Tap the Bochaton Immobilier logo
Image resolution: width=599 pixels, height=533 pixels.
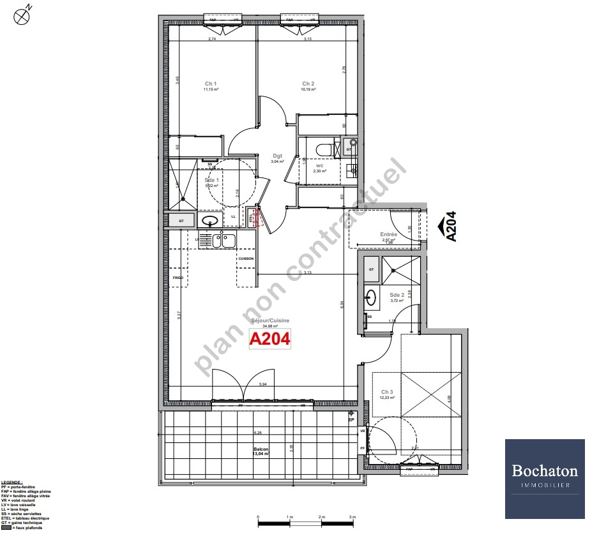click(x=545, y=478)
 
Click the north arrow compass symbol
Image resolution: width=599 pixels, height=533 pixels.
click(x=22, y=15)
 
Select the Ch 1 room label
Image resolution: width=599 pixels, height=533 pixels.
click(x=211, y=84)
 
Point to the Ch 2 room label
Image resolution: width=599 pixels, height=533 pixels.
click(x=308, y=84)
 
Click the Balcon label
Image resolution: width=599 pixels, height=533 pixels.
click(x=260, y=449)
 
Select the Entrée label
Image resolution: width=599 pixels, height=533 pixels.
click(x=388, y=234)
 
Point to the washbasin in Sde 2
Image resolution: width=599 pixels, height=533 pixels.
click(x=370, y=297)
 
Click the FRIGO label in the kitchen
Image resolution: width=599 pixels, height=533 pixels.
click(x=178, y=278)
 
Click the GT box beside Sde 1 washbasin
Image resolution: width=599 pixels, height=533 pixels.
click(x=182, y=221)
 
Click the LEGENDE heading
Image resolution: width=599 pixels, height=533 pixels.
click(x=12, y=483)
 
